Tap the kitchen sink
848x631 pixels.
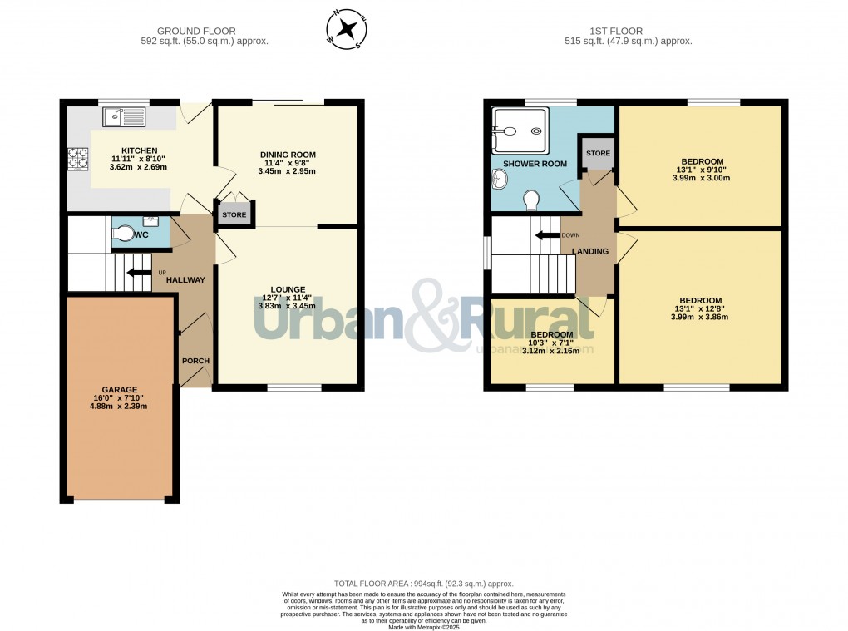[x=122, y=117]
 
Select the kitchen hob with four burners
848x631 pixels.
[x=77, y=158]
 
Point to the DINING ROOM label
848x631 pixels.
[x=288, y=155]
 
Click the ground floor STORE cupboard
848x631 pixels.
[x=234, y=214]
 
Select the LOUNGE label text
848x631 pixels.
[x=287, y=289]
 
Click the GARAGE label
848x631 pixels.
[x=119, y=389]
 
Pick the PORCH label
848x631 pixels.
[x=195, y=361]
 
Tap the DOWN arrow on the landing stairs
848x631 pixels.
[x=547, y=235]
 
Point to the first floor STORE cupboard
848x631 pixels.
[x=598, y=154]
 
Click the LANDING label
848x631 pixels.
[x=590, y=251]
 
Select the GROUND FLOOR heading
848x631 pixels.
[x=205, y=32]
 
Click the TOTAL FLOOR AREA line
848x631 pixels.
[x=424, y=584]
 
